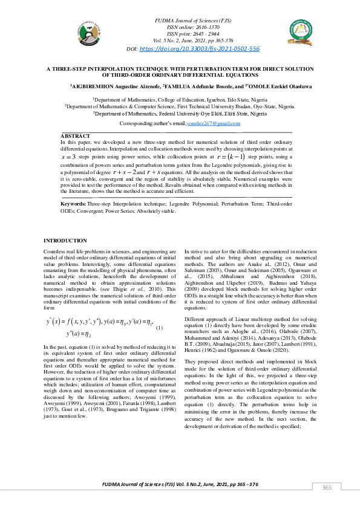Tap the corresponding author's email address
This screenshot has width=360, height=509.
coord(214,123)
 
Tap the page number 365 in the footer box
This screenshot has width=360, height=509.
coord(326,488)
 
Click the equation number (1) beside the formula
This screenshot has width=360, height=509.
coord(159,328)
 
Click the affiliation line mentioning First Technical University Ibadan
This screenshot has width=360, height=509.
coord(180,105)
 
